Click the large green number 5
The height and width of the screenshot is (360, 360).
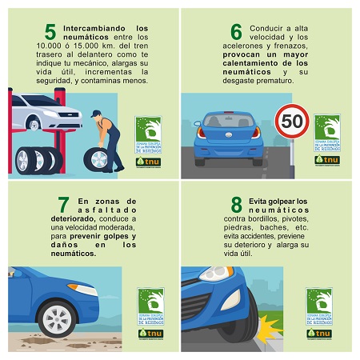point(50,33)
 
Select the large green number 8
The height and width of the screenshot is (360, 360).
point(214,205)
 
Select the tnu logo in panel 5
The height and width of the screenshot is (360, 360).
point(148,160)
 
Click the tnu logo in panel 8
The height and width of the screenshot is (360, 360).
point(319,332)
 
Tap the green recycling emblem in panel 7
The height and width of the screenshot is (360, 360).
point(150,303)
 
